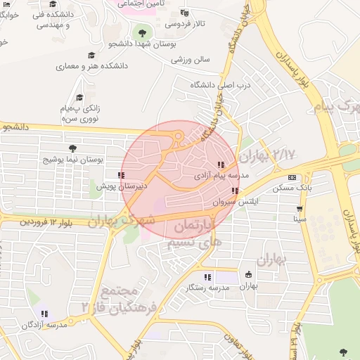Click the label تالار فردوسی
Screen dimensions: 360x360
pos(185,23)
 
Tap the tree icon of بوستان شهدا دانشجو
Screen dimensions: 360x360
pos(142,32)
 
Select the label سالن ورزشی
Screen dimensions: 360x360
pos(191,60)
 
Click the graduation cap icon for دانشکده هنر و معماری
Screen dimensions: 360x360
pos(91,55)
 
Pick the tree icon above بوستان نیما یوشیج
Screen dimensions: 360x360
pos(72,148)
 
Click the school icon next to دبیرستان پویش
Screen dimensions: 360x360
pos(122,175)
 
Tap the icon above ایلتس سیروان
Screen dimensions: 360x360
pos(235,191)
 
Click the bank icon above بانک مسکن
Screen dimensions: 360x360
pos(292,177)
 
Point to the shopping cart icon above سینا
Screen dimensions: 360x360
pos(300,208)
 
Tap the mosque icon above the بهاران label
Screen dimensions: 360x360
pos(248,274)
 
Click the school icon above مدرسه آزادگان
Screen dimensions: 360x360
pos(44,314)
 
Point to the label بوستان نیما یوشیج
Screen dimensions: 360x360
pos(73,160)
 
